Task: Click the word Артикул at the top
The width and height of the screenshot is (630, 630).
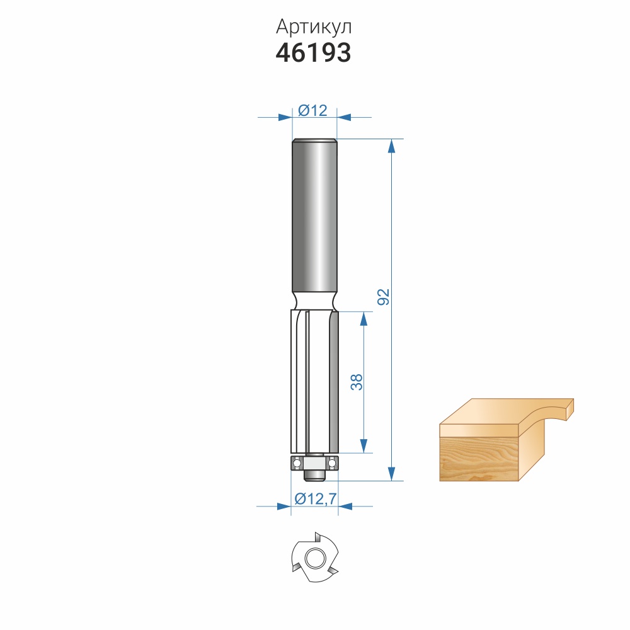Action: click(x=313, y=27)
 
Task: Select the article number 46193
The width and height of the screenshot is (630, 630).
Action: click(x=313, y=53)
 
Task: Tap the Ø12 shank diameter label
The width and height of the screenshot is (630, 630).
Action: click(x=312, y=110)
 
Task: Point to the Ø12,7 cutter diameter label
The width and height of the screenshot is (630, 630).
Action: click(x=316, y=498)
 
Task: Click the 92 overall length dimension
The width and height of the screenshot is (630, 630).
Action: click(x=384, y=297)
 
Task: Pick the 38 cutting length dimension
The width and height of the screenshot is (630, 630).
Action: click(x=357, y=382)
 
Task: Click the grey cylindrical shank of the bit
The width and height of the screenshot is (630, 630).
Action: click(x=314, y=215)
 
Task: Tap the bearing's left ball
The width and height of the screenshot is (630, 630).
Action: click(x=297, y=463)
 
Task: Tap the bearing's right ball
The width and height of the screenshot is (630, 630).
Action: click(x=332, y=463)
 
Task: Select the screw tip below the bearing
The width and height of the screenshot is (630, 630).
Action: click(x=314, y=475)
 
